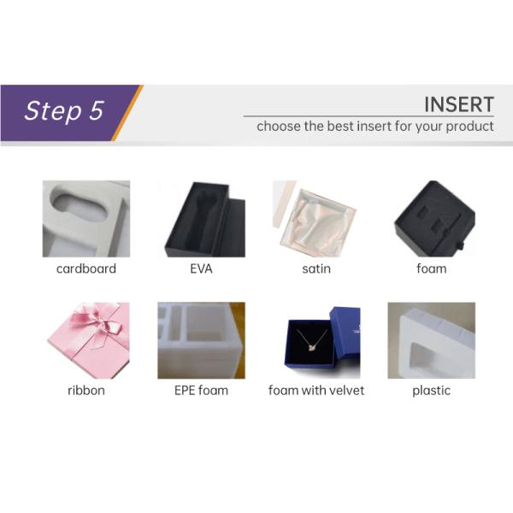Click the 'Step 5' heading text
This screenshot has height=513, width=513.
click(x=64, y=110)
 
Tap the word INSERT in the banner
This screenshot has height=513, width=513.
click(x=458, y=104)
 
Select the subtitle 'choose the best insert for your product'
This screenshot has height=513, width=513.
click(x=375, y=127)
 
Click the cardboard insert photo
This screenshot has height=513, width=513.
click(x=86, y=219)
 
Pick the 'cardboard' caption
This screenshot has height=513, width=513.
click(x=86, y=268)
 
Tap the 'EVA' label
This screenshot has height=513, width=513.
click(x=201, y=268)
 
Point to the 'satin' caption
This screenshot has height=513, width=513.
click(x=316, y=268)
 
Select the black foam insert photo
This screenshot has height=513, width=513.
click(x=434, y=219)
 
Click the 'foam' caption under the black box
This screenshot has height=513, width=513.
click(x=432, y=268)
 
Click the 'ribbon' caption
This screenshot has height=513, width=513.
click(x=86, y=391)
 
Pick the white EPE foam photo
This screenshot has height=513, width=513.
click(x=202, y=340)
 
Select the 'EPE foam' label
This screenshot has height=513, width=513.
click(x=201, y=391)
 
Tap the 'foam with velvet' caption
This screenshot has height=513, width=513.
click(x=316, y=391)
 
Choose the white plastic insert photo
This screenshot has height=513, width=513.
click(x=432, y=340)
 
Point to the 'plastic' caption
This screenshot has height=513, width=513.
click(x=432, y=391)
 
